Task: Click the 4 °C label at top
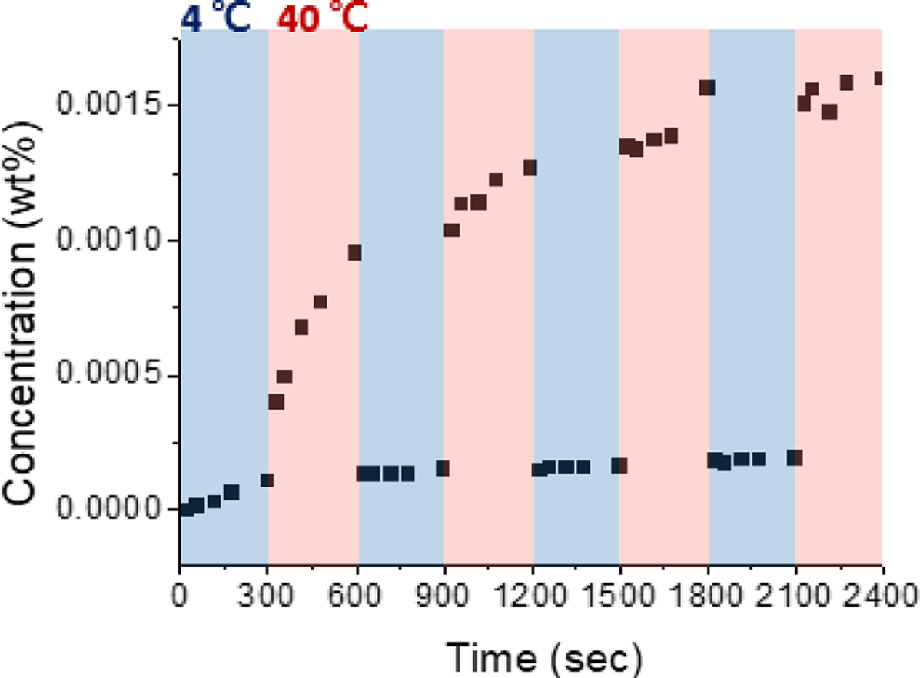[215, 17]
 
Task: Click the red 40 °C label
[323, 17]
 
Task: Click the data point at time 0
[185, 509]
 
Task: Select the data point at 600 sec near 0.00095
[354, 253]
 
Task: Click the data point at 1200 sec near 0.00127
[530, 168]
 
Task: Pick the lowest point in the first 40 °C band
[277, 402]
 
